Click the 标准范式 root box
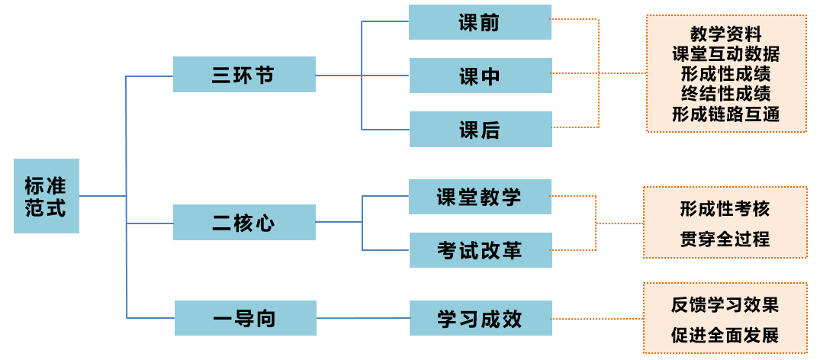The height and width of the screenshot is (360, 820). [47, 196]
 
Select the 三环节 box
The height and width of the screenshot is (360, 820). [244, 74]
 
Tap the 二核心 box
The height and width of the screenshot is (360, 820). [244, 223]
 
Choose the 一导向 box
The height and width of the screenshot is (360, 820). [246, 318]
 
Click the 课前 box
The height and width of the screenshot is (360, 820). [480, 22]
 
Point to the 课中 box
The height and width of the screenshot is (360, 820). [481, 76]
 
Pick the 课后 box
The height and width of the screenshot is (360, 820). [481, 129]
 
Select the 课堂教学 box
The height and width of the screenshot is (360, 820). [480, 197]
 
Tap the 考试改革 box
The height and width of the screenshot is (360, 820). [481, 250]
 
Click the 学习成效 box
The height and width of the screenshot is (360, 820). [481, 318]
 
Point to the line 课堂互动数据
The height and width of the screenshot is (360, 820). [726, 54]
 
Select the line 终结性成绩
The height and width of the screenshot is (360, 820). [726, 94]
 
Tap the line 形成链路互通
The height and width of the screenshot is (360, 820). [726, 114]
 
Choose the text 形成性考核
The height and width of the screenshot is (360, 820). [725, 209]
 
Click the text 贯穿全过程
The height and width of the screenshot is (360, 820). [725, 239]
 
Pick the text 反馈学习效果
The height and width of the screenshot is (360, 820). [725, 305]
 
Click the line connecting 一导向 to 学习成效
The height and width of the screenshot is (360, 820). [363, 318]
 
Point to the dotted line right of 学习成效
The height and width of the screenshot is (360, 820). [598, 319]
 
